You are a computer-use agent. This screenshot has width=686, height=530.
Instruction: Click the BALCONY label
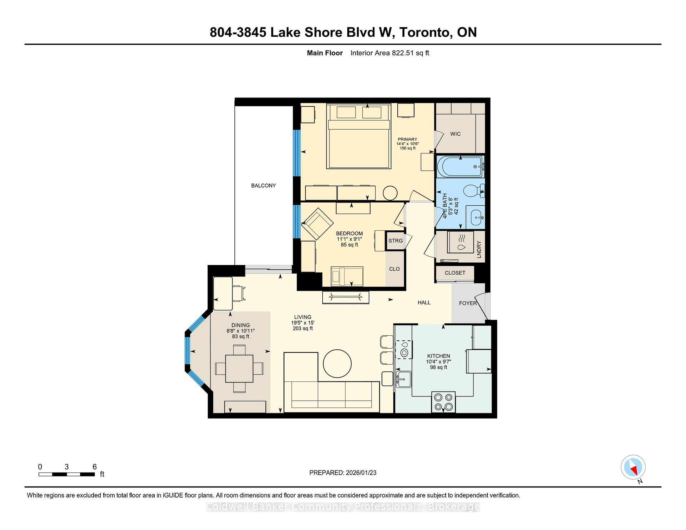263,186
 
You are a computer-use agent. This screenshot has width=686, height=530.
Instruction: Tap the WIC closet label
455,134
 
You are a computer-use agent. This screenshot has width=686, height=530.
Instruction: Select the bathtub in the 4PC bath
460,166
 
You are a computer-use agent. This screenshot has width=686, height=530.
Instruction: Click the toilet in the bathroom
474,191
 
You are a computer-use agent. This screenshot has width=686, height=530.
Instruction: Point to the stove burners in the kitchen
443,402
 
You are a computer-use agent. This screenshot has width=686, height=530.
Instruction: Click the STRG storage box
395,241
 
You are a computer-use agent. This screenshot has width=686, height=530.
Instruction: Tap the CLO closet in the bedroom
394,269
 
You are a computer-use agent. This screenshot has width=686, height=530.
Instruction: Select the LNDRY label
479,249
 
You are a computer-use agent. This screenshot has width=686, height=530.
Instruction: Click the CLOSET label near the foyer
455,273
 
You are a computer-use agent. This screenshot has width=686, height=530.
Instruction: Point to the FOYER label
468,303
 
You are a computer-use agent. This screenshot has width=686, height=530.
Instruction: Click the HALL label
424,302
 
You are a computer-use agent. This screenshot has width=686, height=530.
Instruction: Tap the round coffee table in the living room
337,364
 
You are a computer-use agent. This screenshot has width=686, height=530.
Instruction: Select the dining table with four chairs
239,369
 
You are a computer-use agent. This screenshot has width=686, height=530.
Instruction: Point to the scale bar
66,474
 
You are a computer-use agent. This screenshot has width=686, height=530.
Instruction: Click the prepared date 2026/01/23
361,473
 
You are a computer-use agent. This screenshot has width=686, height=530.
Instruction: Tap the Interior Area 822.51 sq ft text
389,53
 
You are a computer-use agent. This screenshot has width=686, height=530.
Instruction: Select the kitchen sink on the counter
404,379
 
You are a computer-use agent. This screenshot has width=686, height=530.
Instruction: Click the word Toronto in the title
425,32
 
